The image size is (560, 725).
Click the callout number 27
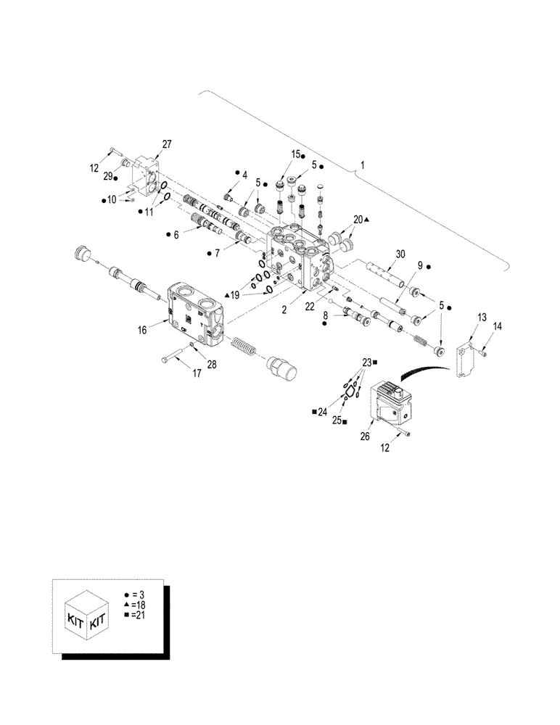[167, 144]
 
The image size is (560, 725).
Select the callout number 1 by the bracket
[363, 165]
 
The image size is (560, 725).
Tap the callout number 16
[142, 330]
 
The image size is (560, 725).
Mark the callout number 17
[196, 374]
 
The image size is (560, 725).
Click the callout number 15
[296, 154]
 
